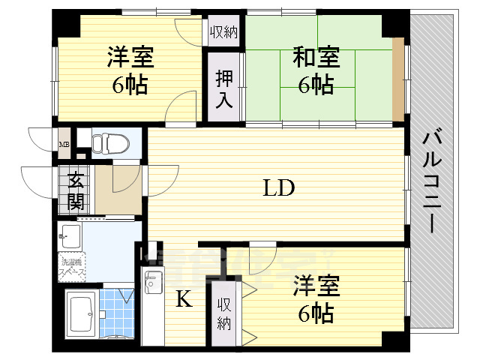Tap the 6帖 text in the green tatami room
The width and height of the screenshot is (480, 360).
click(316, 85)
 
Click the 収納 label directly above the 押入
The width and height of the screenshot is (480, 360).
click(224, 31)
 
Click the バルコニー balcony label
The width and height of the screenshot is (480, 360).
click(432, 180)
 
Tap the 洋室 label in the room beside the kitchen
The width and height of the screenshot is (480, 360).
click(316, 286)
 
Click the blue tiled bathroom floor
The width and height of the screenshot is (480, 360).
click(115, 307)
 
